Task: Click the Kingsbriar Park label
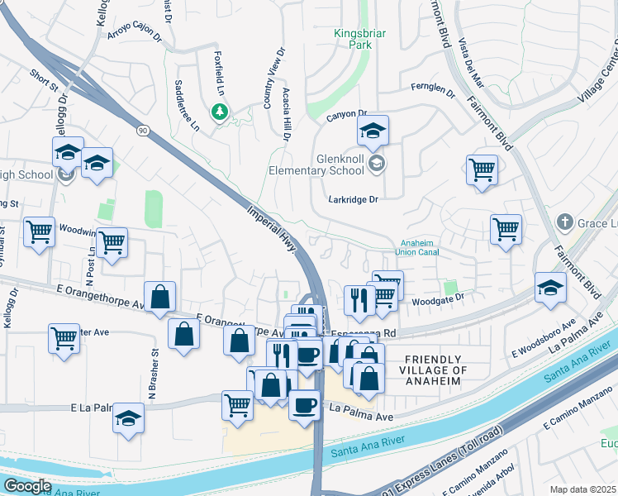point(353,40)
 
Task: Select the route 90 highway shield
point(143,131)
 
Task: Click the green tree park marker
point(219,112)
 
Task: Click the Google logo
point(28,486)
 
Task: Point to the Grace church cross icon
point(564,222)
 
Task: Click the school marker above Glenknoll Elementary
point(373,131)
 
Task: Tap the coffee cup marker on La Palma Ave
point(304,405)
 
